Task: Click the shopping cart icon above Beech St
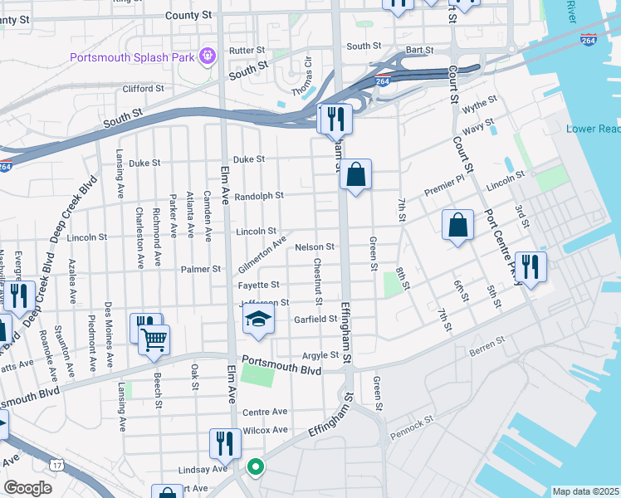click(154, 339)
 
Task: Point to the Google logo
click(27, 488)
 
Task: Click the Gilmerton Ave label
click(262, 254)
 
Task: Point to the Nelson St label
click(315, 247)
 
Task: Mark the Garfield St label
click(315, 319)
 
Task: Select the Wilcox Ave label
click(265, 430)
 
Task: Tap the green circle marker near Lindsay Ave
click(255, 466)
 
